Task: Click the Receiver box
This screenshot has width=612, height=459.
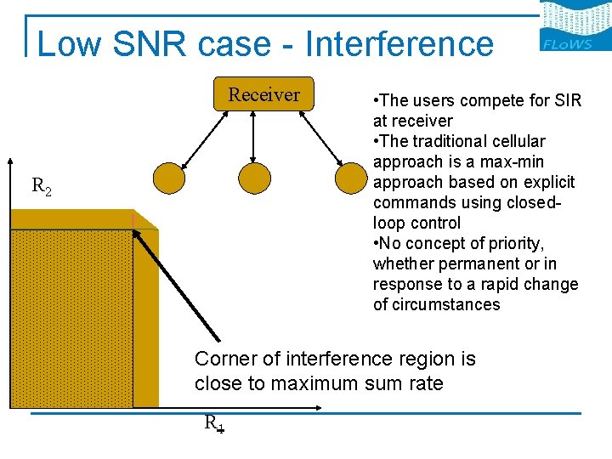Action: [264, 94]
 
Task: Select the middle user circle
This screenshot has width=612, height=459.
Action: [254, 178]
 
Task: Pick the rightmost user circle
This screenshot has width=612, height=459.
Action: [349, 178]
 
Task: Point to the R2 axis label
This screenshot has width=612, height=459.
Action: [41, 185]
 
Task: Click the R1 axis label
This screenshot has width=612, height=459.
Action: [213, 422]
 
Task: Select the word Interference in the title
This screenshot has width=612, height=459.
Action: [399, 43]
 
